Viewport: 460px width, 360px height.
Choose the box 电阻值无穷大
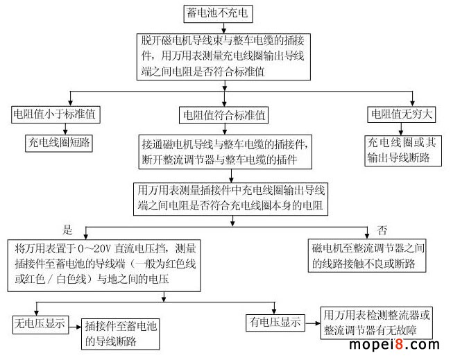pyautogui.click(x=400, y=114)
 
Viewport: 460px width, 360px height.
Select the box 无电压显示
pyautogui.click(x=40, y=323)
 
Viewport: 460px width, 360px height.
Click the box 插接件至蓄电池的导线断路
pyautogui.click(x=121, y=332)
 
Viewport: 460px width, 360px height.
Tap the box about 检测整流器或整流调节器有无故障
pyautogui.click(x=378, y=323)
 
